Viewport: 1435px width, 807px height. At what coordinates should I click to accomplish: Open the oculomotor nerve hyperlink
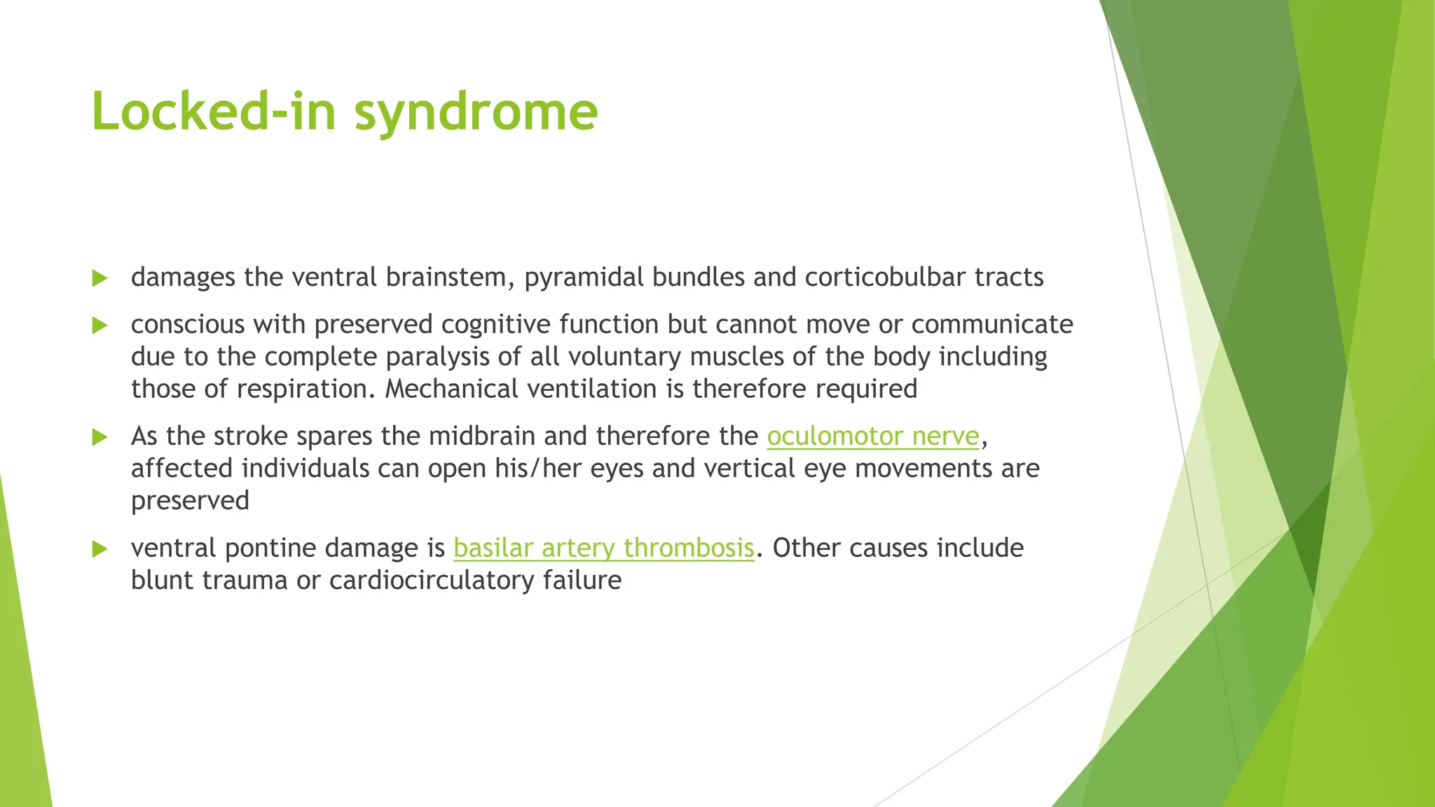pyautogui.click(x=872, y=436)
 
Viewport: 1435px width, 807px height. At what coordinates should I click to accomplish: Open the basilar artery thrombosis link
pyautogui.click(x=603, y=548)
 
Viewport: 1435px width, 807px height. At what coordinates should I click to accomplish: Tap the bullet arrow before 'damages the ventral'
pyautogui.click(x=99, y=279)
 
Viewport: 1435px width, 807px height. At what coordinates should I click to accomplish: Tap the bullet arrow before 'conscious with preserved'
pyautogui.click(x=99, y=326)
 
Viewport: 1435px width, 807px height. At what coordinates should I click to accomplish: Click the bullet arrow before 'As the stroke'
pyautogui.click(x=99, y=438)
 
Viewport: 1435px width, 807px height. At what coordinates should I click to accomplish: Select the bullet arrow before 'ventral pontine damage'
pyautogui.click(x=99, y=549)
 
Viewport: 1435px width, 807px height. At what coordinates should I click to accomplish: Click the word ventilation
pyautogui.click(x=591, y=389)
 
